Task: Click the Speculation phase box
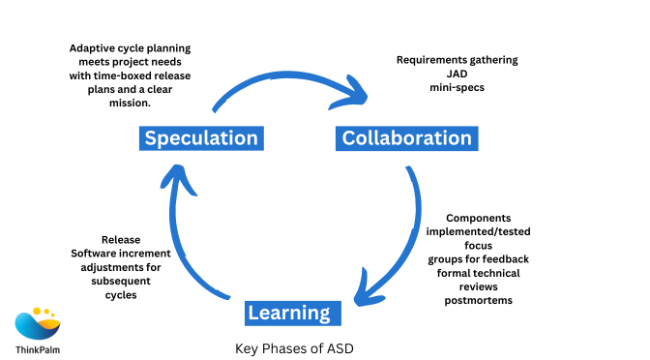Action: tap(201, 138)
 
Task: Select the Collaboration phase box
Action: tap(407, 138)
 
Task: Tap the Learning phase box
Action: tap(288, 313)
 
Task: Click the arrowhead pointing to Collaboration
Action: tap(360, 93)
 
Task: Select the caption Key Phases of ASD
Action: tap(287, 348)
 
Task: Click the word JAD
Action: tap(457, 73)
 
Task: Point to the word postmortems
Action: tap(477, 301)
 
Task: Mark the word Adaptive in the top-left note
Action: tap(93, 46)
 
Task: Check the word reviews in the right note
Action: tap(479, 287)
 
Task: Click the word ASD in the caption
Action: tap(328, 348)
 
